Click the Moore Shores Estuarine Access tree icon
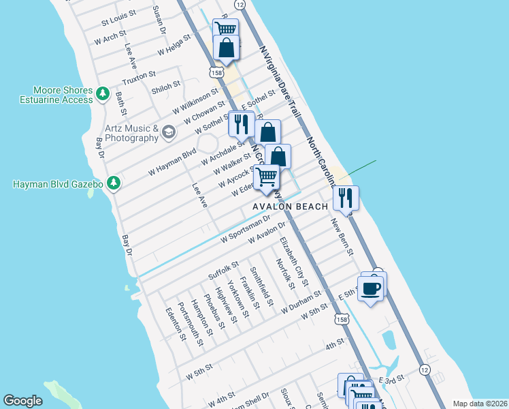102,93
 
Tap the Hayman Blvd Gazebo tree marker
114,183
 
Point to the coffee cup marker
371,288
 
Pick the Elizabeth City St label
295,260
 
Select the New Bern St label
342,236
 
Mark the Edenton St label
175,322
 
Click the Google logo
22,401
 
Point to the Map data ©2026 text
479,404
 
